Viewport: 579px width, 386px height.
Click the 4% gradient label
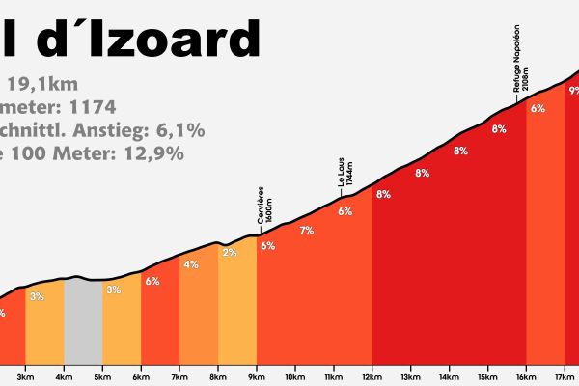[191, 264]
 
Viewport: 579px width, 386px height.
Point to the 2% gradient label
[230, 253]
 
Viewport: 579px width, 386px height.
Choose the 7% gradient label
[307, 231]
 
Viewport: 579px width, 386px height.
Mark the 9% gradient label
[573, 91]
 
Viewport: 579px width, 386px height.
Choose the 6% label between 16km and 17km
[538, 108]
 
